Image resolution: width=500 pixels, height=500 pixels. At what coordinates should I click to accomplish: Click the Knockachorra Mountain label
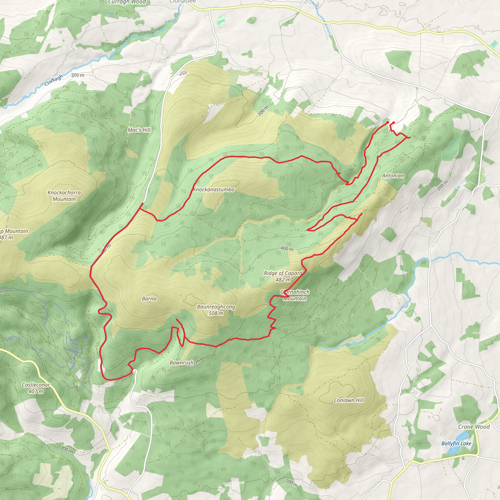[64, 196]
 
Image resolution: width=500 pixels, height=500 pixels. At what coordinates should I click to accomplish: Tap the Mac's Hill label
[139, 130]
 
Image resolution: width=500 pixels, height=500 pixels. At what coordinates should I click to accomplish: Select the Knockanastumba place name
[214, 189]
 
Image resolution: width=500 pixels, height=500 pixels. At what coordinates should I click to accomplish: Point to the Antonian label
[393, 176]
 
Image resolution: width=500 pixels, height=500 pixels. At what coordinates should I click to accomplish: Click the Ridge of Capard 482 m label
[283, 276]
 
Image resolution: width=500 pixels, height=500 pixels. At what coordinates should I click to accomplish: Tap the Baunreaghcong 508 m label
[216, 310]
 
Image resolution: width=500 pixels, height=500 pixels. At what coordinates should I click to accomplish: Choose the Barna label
[149, 299]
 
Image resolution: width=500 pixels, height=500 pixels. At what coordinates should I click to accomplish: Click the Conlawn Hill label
[349, 400]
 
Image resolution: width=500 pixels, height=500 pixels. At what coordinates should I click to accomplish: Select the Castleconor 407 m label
[36, 388]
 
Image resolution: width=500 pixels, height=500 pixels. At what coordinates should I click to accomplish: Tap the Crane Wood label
[474, 427]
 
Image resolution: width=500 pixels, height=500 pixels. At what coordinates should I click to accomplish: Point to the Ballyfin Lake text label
[456, 443]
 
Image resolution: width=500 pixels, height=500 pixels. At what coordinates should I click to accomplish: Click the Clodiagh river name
[53, 81]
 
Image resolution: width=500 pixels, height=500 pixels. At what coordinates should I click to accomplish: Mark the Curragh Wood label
[127, 2]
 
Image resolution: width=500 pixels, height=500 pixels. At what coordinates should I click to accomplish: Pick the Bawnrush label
[182, 363]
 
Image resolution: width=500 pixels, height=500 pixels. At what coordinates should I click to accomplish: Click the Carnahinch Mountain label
[295, 295]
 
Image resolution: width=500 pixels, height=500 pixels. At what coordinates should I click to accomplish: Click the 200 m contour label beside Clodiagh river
[78, 75]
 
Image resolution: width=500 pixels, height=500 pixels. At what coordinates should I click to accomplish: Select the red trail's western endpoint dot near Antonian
[387, 122]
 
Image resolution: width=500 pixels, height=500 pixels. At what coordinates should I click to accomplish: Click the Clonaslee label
[182, 1]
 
